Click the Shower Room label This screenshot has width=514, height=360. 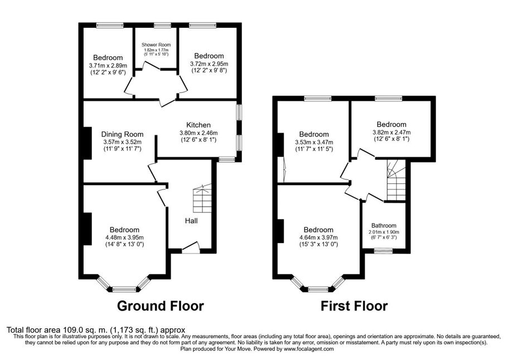coord(156,45)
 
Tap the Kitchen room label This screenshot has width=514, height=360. coord(198,125)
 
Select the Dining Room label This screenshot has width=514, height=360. coord(122,134)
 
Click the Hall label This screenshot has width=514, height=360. coord(191,221)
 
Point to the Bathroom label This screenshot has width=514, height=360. coord(384,225)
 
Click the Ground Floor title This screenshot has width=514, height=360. coord(161,306)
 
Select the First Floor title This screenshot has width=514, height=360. coord(354,306)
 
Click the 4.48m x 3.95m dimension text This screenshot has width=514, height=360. coord(124,237)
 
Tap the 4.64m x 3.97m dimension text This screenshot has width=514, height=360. coord(318,237)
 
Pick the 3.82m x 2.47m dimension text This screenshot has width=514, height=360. coord(391,132)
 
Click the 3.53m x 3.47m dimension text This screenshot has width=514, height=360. coord(314,142)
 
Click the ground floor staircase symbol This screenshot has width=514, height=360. coord(202,198)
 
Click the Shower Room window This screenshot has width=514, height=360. coord(163,25)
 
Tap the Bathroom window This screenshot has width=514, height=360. coord(384,251)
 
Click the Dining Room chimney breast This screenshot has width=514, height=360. coord(88,143)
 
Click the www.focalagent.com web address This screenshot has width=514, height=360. coord(309,349)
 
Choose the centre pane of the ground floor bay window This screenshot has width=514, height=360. coord(124,289)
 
